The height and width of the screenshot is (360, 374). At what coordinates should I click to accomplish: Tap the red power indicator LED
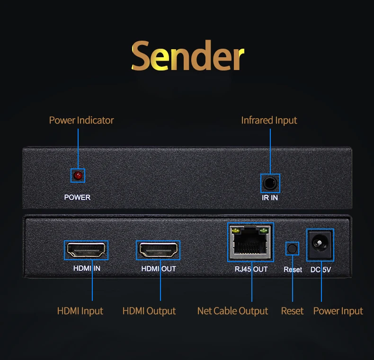[78, 176]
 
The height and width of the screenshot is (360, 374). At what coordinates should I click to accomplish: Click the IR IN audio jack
[270, 183]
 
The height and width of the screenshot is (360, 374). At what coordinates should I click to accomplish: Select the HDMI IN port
[86, 250]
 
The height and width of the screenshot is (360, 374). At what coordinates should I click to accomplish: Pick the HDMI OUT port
[158, 250]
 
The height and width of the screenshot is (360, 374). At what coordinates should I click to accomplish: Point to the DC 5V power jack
[321, 245]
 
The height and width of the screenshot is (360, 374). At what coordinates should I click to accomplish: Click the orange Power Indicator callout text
[81, 120]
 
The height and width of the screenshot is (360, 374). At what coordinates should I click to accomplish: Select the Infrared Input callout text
[269, 120]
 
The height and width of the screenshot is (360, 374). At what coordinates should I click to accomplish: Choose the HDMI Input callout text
[80, 311]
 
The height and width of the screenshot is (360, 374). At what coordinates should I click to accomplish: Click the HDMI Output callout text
[149, 311]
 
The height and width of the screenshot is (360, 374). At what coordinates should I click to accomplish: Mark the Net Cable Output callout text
[232, 311]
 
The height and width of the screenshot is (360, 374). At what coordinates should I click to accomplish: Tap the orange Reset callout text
[292, 311]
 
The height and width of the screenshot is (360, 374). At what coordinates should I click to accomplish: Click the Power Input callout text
[338, 311]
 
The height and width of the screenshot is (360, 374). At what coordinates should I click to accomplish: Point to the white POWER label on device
[77, 197]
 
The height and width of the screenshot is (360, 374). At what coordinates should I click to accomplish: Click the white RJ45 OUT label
[251, 269]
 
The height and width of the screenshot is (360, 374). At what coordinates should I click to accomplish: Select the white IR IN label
[270, 197]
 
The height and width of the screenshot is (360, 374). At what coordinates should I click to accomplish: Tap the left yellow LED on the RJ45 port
[235, 231]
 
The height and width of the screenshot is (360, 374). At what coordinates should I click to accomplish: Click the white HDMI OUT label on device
[158, 269]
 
